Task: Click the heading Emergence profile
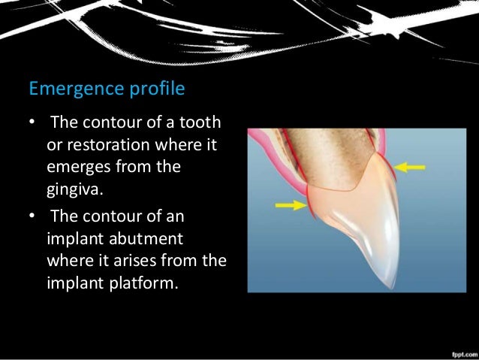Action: [x=107, y=89]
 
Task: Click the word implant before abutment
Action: [x=73, y=238]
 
